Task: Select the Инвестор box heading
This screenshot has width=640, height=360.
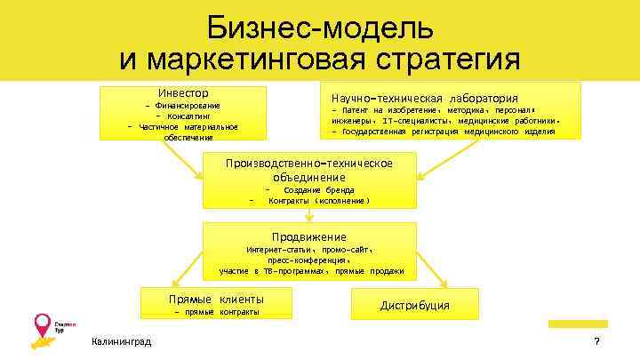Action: coord(183,93)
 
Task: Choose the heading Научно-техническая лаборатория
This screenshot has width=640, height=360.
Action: coord(424,98)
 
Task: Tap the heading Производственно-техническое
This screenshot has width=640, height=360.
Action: coord(308,164)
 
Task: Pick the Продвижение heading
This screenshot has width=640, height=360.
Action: coord(308,236)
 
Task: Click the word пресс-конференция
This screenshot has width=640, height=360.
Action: coord(309,260)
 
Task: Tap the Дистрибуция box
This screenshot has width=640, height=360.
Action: coord(414,306)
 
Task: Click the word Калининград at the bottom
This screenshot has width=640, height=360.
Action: coord(121,342)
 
